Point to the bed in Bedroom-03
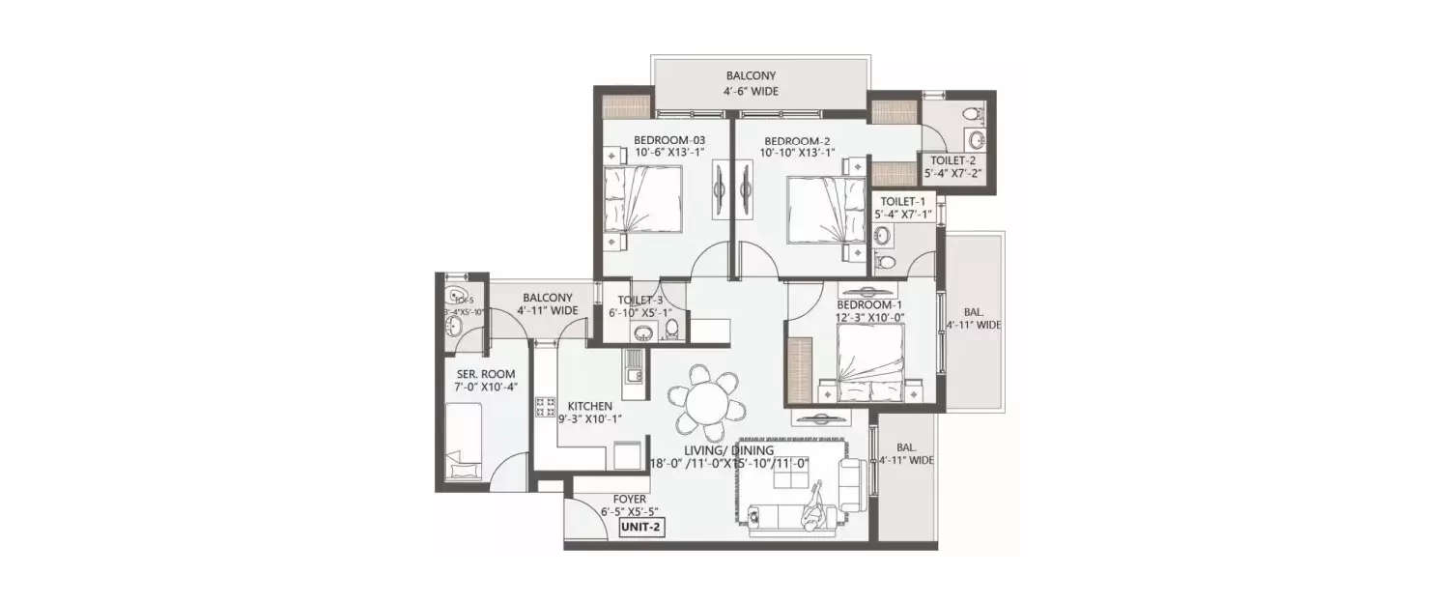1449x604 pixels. (642, 198)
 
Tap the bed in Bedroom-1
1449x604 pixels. (870, 360)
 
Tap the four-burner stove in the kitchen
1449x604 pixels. (545, 407)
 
